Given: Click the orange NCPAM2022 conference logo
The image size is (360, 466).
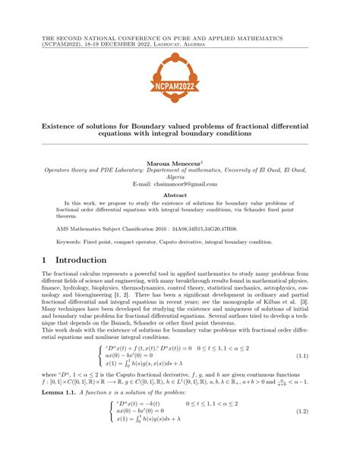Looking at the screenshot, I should (180, 78).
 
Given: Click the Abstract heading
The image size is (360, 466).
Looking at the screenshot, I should (180, 195).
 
